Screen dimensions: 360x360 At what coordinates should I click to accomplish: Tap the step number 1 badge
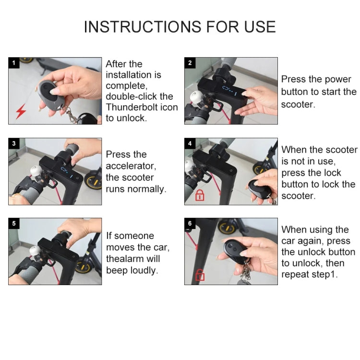pos(13,63)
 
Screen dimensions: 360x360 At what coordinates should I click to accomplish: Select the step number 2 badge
pos(190,63)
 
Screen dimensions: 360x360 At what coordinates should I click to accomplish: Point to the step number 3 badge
pos(13,144)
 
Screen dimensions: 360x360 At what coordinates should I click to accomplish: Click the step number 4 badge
pos(190,144)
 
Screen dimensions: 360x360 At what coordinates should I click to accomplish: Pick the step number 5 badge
pos(13,223)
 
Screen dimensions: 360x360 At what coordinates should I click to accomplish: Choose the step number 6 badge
pos(190,223)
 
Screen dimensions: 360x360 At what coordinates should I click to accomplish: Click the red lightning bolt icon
pos(21,112)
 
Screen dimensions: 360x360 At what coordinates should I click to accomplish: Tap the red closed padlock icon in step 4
pos(198,194)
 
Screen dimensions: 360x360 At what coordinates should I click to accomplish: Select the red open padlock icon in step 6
pos(198,275)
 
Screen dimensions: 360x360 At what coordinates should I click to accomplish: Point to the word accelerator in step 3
pos(131,166)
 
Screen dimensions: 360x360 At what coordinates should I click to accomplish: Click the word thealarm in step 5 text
pos(126,259)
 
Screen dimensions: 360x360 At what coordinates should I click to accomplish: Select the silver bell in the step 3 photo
pos(35,171)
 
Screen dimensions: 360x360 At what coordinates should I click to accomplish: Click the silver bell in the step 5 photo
pos(35,251)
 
